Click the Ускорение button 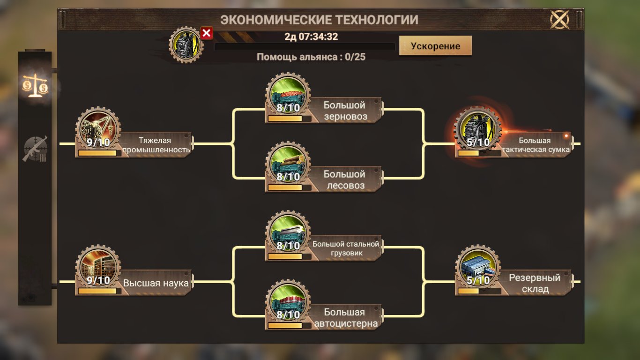point(435,45)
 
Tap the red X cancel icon point(206,33)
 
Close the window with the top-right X point(559,19)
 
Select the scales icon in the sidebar point(35,85)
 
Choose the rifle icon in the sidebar point(35,149)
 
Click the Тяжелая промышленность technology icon point(98,130)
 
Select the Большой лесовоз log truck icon point(288,164)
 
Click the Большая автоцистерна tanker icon point(288,302)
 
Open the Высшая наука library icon point(98,268)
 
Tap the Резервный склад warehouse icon point(478,268)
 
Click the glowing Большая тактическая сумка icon point(478,130)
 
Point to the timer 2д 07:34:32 point(311,37)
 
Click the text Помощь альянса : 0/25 point(311,57)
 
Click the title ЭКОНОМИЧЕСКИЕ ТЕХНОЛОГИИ point(319,20)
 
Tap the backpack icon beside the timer point(186,45)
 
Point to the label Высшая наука point(156,283)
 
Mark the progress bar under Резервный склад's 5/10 point(479,291)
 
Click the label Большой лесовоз point(345,180)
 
